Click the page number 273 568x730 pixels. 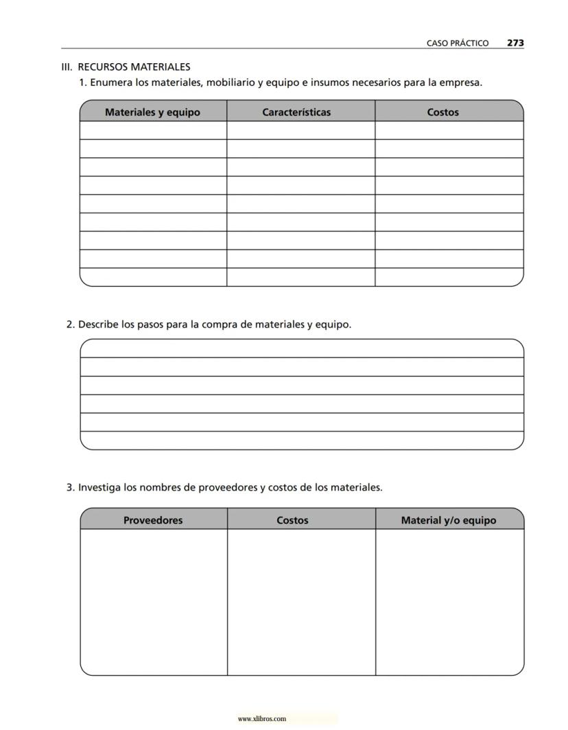tap(515, 43)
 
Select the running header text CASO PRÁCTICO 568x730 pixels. tap(458, 43)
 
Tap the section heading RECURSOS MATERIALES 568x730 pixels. tap(134, 67)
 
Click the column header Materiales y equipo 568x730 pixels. tap(152, 112)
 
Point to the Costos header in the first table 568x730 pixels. tap(442, 112)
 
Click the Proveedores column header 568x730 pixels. tap(153, 520)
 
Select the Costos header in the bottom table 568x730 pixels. tap(292, 520)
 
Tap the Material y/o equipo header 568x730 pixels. tap(448, 520)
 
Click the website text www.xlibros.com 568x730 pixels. tap(261, 719)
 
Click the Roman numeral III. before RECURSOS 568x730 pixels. tap(67, 67)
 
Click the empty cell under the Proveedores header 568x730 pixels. tap(153, 602)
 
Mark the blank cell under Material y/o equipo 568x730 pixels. tap(449, 602)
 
